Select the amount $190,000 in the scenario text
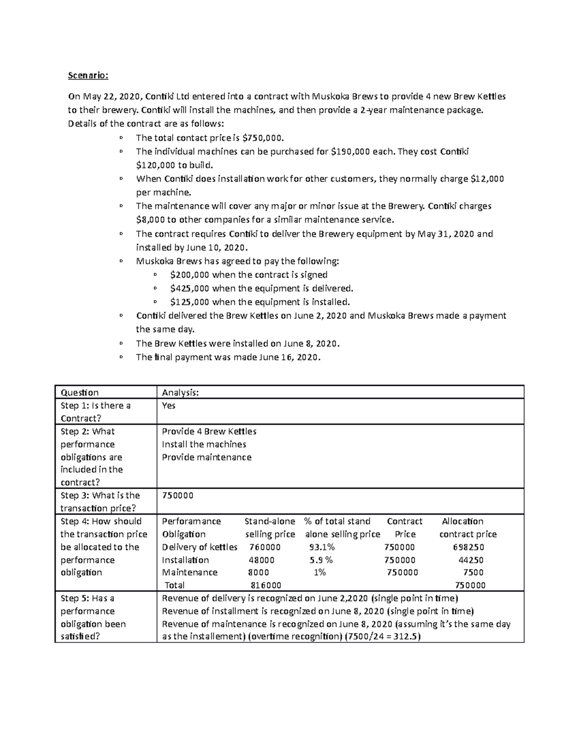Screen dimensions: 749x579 point(351,151)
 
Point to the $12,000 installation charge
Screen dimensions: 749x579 point(487,179)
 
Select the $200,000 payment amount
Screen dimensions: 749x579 point(190,274)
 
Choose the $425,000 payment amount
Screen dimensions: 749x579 point(190,288)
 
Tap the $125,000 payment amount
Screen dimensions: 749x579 point(190,302)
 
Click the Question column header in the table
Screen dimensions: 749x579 point(80,393)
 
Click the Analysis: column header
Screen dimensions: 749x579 point(180,393)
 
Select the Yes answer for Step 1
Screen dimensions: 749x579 point(169,406)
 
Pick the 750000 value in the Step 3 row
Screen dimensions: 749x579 point(178,496)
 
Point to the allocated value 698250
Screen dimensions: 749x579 point(469,547)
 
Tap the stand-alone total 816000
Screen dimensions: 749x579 point(266,585)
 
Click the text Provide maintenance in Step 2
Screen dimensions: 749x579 point(207,457)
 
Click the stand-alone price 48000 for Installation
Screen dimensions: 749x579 point(262,560)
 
